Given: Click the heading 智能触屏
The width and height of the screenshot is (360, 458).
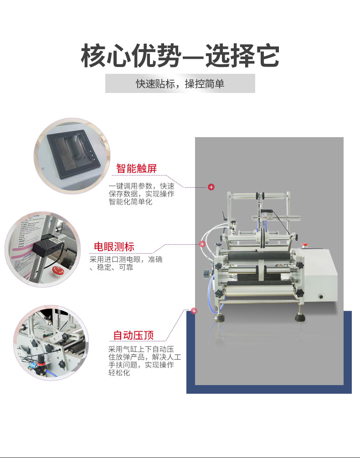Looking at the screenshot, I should (136, 169).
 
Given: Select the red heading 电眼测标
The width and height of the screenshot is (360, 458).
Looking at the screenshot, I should (114, 247).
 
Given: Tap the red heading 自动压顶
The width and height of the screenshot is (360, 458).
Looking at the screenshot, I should (134, 336).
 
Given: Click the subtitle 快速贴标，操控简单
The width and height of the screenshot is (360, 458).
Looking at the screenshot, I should (180, 84).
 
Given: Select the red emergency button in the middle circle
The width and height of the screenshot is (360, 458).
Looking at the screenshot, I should (57, 271).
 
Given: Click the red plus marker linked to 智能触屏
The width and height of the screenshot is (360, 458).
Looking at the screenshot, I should (211, 187).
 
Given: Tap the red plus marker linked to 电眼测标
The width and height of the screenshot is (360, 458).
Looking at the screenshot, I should (202, 244).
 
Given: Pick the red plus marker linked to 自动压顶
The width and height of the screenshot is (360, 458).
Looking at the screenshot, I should (194, 311).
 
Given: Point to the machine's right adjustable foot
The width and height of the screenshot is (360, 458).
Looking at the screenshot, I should (301, 316).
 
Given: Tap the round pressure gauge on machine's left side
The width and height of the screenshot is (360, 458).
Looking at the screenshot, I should (206, 273).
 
